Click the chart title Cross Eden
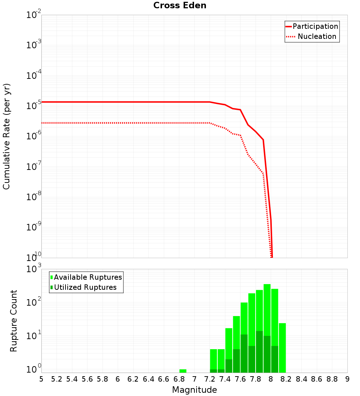[x=180, y=6]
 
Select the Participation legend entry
[x=315, y=27]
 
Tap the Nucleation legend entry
[x=316, y=37]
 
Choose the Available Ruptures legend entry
[x=88, y=278]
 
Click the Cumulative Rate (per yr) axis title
[x=6, y=136]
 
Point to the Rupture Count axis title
[x=14, y=321]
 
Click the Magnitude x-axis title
[x=194, y=390]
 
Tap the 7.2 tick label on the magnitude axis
[x=210, y=379]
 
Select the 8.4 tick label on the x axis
[x=301, y=379]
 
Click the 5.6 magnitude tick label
[x=87, y=379]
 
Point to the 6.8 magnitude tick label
[x=179, y=379]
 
